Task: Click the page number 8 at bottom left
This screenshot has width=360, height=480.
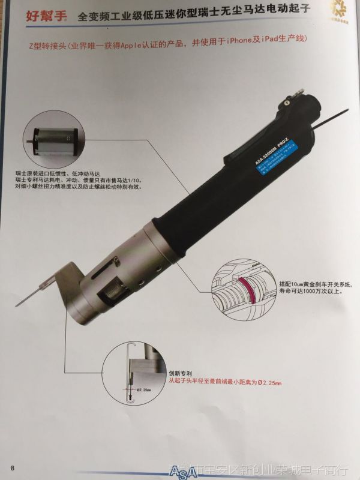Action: [x=11, y=467]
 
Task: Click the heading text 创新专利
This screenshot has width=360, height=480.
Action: [x=179, y=371]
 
